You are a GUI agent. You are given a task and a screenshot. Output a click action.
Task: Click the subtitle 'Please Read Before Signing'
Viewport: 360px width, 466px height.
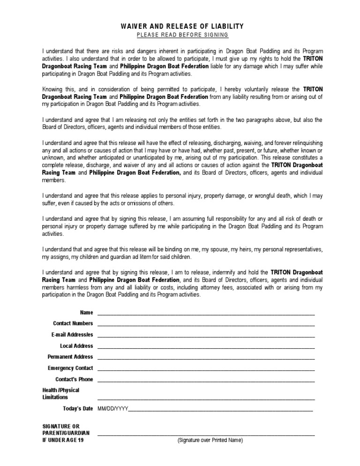click(182, 35)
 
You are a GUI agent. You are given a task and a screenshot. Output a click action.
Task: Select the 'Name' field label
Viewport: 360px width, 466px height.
click(86, 312)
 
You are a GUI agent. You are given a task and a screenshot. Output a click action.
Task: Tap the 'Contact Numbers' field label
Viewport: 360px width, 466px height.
click(73, 323)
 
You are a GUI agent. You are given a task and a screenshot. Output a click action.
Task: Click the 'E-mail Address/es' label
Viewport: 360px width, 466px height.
click(72, 335)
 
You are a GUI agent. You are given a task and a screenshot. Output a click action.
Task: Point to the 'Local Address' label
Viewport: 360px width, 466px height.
click(76, 346)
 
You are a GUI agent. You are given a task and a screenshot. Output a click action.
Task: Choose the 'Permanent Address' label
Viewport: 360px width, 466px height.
click(71, 357)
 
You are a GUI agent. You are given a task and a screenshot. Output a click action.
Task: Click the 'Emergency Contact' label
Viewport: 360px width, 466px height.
click(70, 368)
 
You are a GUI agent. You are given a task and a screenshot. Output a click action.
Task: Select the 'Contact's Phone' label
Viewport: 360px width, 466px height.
click(74, 379)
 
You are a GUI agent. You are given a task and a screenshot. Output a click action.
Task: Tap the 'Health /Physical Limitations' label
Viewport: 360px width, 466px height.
click(60, 394)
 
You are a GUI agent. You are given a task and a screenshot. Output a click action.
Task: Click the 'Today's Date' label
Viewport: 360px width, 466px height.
click(78, 409)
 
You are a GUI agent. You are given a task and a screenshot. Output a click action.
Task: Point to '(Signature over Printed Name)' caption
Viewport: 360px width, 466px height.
click(210, 441)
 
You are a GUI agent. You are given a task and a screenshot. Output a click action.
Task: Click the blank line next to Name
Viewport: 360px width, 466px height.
click(206, 314)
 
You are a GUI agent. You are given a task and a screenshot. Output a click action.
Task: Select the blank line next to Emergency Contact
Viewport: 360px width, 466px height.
click(206, 370)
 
